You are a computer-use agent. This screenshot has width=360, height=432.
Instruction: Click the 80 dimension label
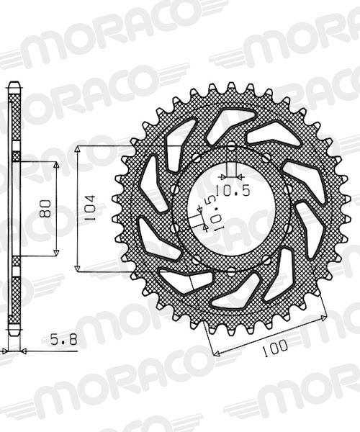[x=45, y=209]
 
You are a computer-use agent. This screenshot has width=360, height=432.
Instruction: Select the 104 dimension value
[x=90, y=208]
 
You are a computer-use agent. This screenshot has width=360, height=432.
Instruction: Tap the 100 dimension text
[x=274, y=348]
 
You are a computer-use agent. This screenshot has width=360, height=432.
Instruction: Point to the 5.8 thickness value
[x=64, y=341]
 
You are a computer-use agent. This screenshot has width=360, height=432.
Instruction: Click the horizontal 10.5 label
[x=233, y=190]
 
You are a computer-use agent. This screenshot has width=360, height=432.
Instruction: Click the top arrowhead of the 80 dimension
[x=56, y=166]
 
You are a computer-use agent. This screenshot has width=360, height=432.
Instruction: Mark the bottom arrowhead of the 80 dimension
[x=56, y=253]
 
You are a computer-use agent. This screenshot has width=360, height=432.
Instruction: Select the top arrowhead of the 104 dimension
[x=78, y=149]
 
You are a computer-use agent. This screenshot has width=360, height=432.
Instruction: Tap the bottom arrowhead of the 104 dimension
[x=78, y=268]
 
